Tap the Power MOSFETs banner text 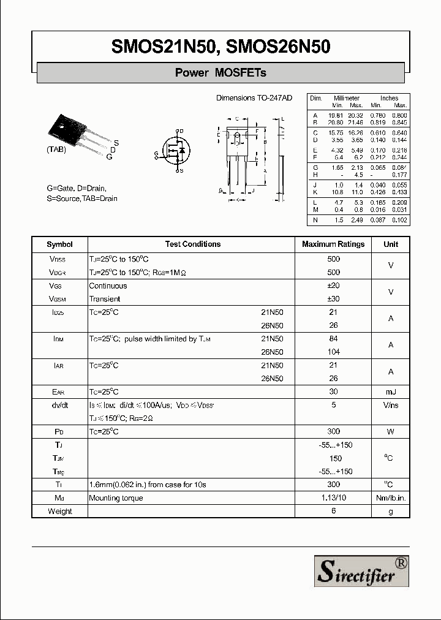[221, 73]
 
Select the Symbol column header [59, 244]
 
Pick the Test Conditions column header [192, 244]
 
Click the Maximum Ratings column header [333, 244]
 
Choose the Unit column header [391, 244]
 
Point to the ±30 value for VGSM [334, 299]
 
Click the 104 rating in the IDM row [334, 352]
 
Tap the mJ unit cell [391, 392]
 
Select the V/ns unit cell [391, 405]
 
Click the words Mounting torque [116, 498]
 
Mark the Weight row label [59, 511]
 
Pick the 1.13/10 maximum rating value [334, 498]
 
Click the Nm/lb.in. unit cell [391, 498]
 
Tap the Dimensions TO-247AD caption [254, 98]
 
